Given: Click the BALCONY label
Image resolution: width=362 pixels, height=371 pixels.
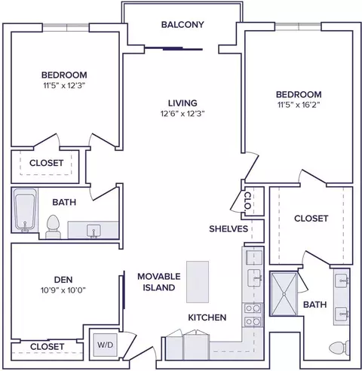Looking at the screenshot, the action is pyautogui.click(x=183, y=25).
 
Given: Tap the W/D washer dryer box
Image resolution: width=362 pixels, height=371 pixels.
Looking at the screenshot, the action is pyautogui.click(x=106, y=345).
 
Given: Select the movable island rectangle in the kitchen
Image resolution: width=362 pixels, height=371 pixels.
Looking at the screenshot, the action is pyautogui.click(x=198, y=282).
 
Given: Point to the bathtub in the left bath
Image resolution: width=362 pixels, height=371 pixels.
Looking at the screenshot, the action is pyautogui.click(x=24, y=210).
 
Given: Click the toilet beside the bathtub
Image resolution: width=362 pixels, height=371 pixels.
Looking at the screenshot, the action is pyautogui.click(x=53, y=227).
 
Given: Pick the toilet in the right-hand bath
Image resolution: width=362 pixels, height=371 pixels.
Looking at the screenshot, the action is pyautogui.click(x=339, y=348).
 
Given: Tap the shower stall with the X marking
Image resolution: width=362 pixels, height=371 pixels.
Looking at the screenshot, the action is pyautogui.click(x=284, y=293).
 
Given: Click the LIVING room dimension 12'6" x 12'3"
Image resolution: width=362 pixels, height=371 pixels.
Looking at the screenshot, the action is pyautogui.click(x=183, y=114).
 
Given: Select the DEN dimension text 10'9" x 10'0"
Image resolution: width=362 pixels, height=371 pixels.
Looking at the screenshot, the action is pyautogui.click(x=63, y=290).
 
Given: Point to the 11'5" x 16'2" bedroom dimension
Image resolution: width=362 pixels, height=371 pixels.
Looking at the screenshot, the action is pyautogui.click(x=299, y=105).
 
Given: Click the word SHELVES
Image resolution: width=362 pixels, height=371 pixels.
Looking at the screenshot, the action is pyautogui.click(x=229, y=228).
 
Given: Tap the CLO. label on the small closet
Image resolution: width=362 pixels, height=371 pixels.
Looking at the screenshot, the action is pyautogui.click(x=247, y=201).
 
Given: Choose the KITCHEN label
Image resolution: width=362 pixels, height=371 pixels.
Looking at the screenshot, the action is pyautogui.click(x=207, y=317).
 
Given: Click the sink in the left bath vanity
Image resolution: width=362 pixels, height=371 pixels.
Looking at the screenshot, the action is pyautogui.click(x=94, y=231).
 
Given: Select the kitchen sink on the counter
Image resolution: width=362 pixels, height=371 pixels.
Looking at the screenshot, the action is pyautogui.click(x=254, y=277).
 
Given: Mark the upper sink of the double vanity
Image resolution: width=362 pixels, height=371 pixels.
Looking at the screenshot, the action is pyautogui.click(x=342, y=281).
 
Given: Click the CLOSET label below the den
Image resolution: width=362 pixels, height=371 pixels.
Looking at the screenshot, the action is pyautogui.click(x=47, y=347).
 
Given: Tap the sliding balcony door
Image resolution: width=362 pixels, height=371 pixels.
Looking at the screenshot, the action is pyautogui.click(x=174, y=48).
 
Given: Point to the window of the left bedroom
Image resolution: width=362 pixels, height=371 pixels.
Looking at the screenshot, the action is pyautogui.click(x=66, y=28).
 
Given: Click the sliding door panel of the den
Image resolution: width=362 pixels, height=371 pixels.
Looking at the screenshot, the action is pyautogui.click(x=124, y=290).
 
